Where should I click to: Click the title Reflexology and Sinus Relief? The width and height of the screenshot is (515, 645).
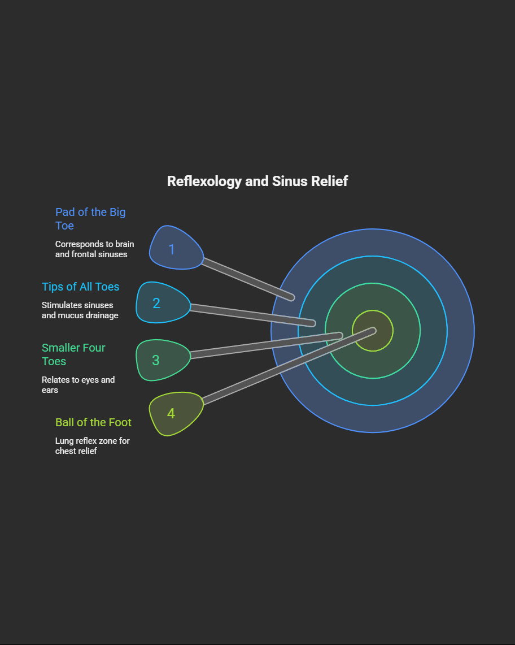click(257, 181)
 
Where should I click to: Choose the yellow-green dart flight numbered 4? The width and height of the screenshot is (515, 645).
click(174, 414)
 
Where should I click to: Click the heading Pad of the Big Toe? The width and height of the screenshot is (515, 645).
click(90, 219)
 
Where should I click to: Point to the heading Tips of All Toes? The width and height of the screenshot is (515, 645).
click(81, 287)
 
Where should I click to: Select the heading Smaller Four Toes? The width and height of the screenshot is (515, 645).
click(73, 354)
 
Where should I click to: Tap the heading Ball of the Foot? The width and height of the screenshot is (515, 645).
click(93, 422)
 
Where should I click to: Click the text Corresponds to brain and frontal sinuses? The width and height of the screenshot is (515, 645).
click(94, 249)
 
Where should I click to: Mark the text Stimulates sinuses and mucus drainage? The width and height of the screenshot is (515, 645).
click(80, 310)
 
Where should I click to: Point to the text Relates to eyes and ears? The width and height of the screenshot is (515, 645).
click(78, 385)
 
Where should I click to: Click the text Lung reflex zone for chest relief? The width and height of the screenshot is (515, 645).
click(92, 445)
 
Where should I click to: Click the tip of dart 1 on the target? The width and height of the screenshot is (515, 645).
click(291, 297)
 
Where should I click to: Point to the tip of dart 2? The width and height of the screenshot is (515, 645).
click(312, 323)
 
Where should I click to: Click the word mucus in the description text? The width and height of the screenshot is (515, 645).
click(71, 315)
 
